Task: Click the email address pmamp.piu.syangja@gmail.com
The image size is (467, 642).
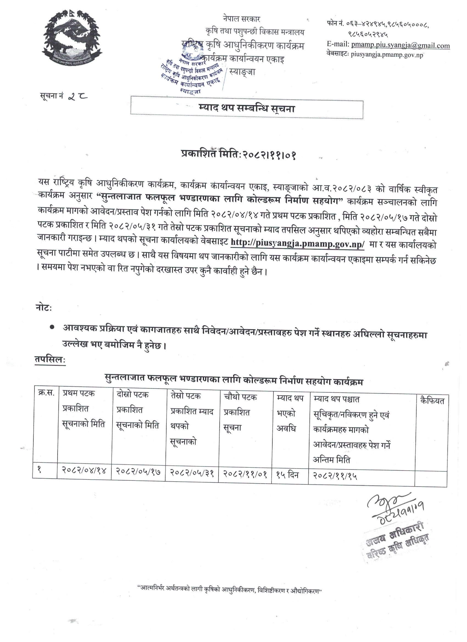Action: [x=400, y=45]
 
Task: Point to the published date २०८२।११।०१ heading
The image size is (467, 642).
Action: [x=238, y=155]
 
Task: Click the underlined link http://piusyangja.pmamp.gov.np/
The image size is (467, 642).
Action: [x=297, y=244]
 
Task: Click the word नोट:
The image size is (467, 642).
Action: [x=44, y=308]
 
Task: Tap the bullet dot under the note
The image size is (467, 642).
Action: [x=52, y=327]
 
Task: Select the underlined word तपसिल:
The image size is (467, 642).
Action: [x=50, y=359]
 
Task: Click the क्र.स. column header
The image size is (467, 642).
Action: [x=46, y=393]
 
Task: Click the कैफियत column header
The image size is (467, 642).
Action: [x=432, y=401]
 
